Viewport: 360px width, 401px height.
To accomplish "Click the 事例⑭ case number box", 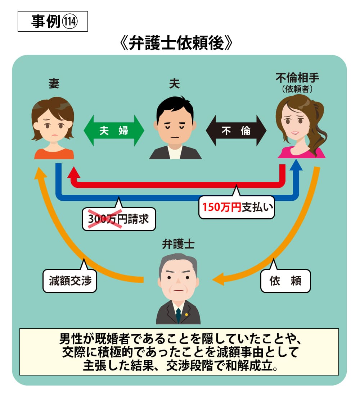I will (53, 22).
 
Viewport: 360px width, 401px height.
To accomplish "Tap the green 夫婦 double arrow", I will (114, 130).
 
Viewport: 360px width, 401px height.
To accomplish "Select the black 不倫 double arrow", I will (236, 130).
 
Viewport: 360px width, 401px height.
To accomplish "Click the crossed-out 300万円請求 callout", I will (119, 219).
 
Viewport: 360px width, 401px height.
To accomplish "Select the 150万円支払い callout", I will (237, 208).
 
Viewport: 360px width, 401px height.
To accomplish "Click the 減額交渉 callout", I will (70, 281).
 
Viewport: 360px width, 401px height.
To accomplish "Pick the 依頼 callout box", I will (285, 281).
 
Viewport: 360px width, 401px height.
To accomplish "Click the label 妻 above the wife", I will (54, 84).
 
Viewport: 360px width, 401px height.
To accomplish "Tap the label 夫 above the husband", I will (175, 84).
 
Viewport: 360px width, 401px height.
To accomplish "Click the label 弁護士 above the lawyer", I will (178, 245).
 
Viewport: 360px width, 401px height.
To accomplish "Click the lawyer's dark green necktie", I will (178, 315).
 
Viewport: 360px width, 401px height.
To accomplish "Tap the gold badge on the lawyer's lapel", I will (186, 314).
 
